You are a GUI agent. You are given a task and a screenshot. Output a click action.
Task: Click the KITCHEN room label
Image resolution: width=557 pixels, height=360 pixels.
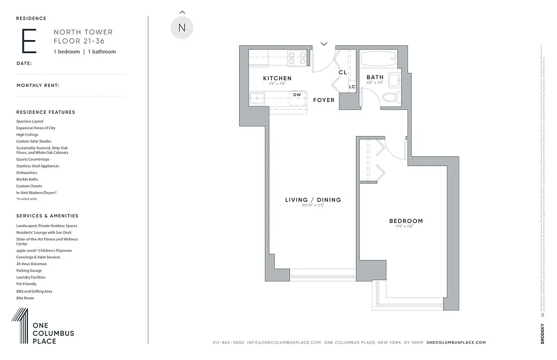(x=277, y=78)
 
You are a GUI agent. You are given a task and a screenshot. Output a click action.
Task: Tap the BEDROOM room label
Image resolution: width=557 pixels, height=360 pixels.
(x=406, y=221)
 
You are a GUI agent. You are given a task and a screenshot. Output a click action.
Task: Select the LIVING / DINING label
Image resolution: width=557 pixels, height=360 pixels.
(x=313, y=200)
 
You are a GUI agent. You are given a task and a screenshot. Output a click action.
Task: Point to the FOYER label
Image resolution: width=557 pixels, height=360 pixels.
(x=324, y=100)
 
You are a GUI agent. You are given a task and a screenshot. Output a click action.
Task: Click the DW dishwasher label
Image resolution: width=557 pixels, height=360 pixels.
(x=297, y=95)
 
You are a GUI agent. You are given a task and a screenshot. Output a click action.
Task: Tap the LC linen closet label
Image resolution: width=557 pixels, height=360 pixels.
(x=352, y=87)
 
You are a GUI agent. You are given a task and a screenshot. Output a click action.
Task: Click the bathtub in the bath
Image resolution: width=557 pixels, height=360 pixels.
(x=378, y=58)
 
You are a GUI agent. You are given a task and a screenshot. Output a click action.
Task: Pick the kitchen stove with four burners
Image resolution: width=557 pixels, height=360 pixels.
(x=297, y=58)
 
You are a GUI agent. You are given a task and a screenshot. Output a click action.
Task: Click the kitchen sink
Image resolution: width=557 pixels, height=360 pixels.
(x=257, y=98)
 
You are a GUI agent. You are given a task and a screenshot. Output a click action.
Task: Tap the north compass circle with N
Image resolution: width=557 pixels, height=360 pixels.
(x=182, y=27)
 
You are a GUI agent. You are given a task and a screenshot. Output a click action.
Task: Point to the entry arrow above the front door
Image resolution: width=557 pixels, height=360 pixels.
(x=324, y=44)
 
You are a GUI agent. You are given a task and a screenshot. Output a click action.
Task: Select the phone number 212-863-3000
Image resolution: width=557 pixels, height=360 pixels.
(x=228, y=342)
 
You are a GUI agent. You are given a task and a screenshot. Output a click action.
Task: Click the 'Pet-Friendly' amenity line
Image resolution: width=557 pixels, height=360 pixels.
(x=27, y=284)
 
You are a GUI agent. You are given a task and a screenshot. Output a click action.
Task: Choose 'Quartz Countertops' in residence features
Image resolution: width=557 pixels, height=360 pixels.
(x=33, y=159)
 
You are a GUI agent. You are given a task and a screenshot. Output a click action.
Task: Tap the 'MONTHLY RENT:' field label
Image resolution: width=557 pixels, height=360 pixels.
(x=38, y=85)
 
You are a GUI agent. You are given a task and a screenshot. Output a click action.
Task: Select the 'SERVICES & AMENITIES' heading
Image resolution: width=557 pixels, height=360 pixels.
(x=47, y=216)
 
